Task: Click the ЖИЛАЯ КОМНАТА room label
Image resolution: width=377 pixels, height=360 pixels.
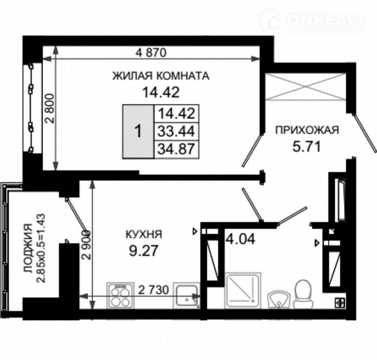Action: (x=161, y=76)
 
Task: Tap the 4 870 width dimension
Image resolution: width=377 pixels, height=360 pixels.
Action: (x=151, y=53)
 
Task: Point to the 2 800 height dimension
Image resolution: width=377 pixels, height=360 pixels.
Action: (x=51, y=108)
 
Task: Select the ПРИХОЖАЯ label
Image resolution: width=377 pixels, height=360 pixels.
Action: (x=307, y=130)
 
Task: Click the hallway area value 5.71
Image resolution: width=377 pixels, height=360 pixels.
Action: (x=307, y=146)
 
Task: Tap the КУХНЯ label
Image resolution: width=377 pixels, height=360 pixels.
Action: (x=144, y=235)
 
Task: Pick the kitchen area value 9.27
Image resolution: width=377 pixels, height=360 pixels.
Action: (x=144, y=251)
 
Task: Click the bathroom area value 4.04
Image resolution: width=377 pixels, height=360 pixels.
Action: (x=241, y=239)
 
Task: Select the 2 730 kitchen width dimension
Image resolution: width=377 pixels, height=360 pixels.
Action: (x=153, y=290)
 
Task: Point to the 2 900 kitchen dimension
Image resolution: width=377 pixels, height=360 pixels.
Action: (x=86, y=244)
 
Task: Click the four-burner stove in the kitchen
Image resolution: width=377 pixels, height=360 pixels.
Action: (x=120, y=295)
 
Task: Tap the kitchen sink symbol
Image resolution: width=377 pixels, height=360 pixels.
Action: (x=187, y=295)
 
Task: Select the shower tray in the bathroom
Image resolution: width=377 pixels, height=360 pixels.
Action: (x=242, y=290)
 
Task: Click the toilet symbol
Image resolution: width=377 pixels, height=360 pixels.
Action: (x=303, y=294)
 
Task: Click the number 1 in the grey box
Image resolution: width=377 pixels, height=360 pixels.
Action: (x=138, y=132)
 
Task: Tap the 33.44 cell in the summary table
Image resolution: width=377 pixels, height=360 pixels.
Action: (x=176, y=131)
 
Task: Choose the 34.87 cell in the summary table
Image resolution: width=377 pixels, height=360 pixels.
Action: (x=176, y=149)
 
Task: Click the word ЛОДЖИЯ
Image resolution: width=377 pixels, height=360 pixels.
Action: (x=28, y=248)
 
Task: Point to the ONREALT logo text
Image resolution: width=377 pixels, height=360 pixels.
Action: (x=326, y=20)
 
